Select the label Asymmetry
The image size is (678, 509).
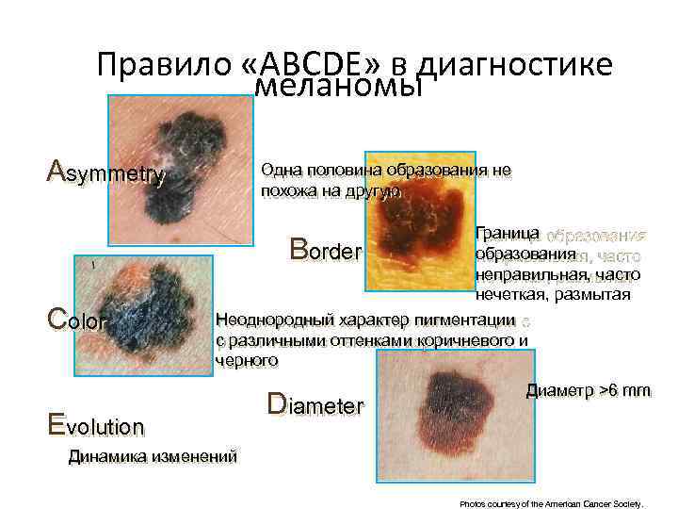pyautogui.click(x=106, y=173)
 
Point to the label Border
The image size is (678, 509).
pyautogui.click(x=325, y=252)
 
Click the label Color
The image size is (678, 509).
pyautogui.click(x=77, y=320)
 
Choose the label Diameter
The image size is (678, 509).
pyautogui.click(x=315, y=405)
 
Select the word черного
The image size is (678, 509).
pyautogui.click(x=247, y=359)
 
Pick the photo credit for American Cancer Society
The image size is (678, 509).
pyautogui.click(x=551, y=504)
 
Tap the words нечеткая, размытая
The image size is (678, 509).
pyautogui.click(x=553, y=295)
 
